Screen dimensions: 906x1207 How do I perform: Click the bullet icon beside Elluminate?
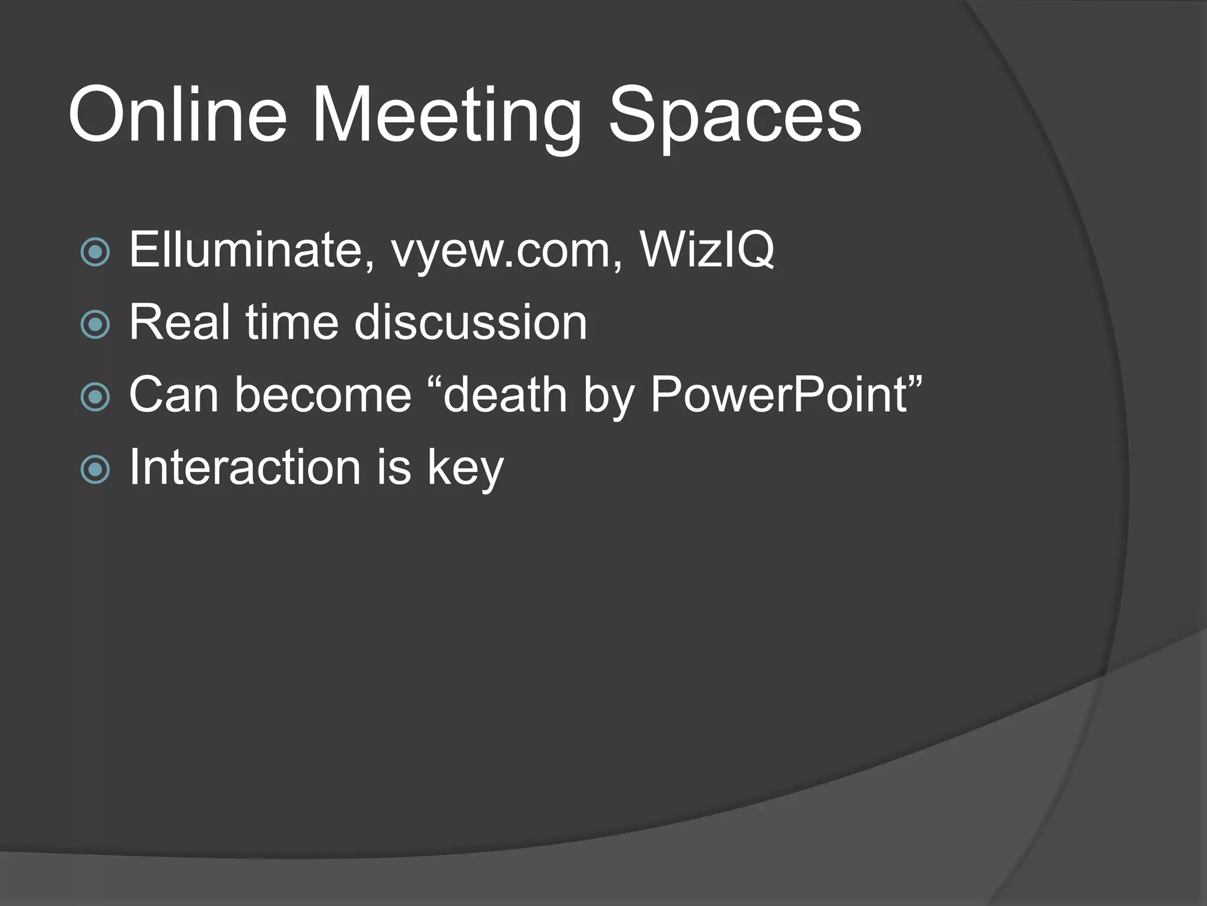pos(95,252)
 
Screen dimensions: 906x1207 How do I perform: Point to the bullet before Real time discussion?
pos(95,324)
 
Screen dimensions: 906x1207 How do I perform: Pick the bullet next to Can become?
pos(95,397)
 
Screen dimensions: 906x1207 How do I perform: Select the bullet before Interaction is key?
pos(95,470)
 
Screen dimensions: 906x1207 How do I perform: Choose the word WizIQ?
pos(707,251)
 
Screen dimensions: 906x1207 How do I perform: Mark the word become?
pos(323,395)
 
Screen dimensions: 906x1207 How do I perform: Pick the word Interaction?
pos(245,467)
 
